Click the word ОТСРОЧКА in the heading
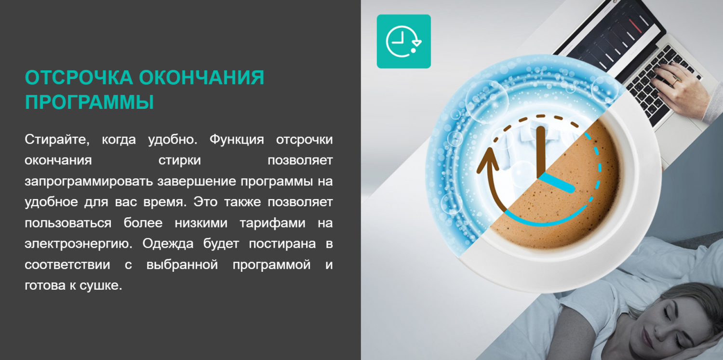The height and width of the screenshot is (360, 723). pos(79,78)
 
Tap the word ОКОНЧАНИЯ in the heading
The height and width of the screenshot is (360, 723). pos(202,78)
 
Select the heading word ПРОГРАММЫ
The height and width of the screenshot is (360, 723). pos(89,102)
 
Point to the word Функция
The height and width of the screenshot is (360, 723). pos(237,140)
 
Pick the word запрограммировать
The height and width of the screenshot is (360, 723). pos(89,181)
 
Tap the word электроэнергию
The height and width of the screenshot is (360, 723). pos(79,244)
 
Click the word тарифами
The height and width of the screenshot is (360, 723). pos(272,223)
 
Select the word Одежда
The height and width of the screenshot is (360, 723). pos(168,243)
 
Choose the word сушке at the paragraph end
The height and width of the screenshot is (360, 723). pos(101,285)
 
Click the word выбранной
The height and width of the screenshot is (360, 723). pos(182,265)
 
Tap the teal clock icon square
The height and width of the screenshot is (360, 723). pos(404,41)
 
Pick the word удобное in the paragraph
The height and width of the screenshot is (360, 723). pos(51,202)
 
